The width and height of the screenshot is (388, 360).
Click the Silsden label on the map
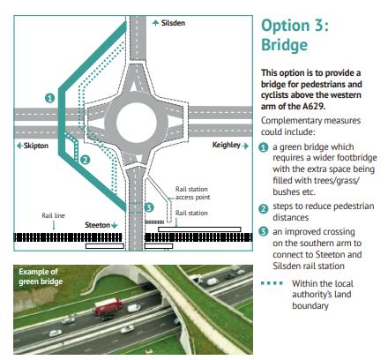pos(173,23)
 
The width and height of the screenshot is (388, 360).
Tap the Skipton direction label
pos(36,146)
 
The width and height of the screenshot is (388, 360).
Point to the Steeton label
pos(97,225)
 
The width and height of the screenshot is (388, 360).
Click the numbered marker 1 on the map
pos(50,98)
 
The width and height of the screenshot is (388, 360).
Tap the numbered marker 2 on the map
pos(85,160)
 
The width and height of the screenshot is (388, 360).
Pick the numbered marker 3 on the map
pos(149,207)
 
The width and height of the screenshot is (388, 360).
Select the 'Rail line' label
pos(53,215)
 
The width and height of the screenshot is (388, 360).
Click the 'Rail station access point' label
pos(192,193)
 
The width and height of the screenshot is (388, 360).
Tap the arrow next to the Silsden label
pos(156,23)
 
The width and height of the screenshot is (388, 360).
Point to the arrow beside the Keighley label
pos(245,146)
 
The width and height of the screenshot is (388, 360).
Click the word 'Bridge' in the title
pos(285,45)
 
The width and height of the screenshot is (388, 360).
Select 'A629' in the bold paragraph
pos(314,106)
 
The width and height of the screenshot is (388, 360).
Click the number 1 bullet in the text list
pos(264,147)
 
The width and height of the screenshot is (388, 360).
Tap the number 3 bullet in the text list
pos(264,232)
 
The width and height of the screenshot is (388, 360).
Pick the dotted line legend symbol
pos(272,283)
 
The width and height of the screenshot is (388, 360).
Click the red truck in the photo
pos(108,305)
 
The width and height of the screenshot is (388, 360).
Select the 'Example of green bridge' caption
pos(41,276)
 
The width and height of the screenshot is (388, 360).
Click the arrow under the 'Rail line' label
pos(54,225)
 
